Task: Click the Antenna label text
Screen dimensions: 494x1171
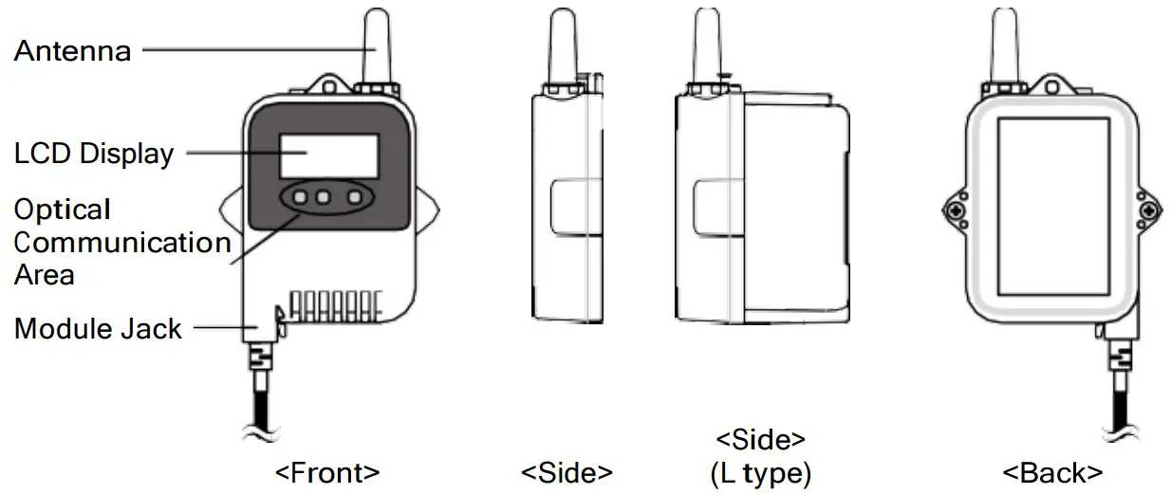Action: click(72, 50)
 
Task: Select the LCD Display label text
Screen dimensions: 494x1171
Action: click(94, 154)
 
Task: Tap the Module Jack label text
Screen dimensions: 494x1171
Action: click(98, 329)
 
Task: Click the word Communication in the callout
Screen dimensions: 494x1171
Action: click(122, 243)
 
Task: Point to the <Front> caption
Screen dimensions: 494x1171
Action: click(327, 471)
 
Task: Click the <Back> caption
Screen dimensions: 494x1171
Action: click(1053, 471)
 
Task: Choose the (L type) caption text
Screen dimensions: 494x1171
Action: click(760, 472)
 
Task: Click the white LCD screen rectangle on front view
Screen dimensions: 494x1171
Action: click(329, 156)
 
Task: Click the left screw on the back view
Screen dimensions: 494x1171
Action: click(956, 209)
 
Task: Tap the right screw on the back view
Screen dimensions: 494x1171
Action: click(1150, 209)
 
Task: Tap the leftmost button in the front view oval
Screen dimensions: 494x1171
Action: click(300, 198)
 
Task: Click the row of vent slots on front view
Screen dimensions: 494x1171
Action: click(335, 304)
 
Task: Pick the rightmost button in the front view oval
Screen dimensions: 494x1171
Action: click(356, 198)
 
